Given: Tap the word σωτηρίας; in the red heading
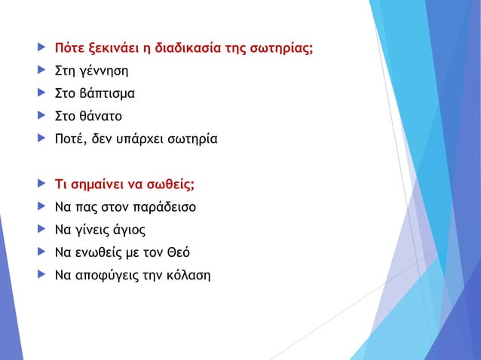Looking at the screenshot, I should [281, 50].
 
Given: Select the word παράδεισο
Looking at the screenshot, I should [162, 206].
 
